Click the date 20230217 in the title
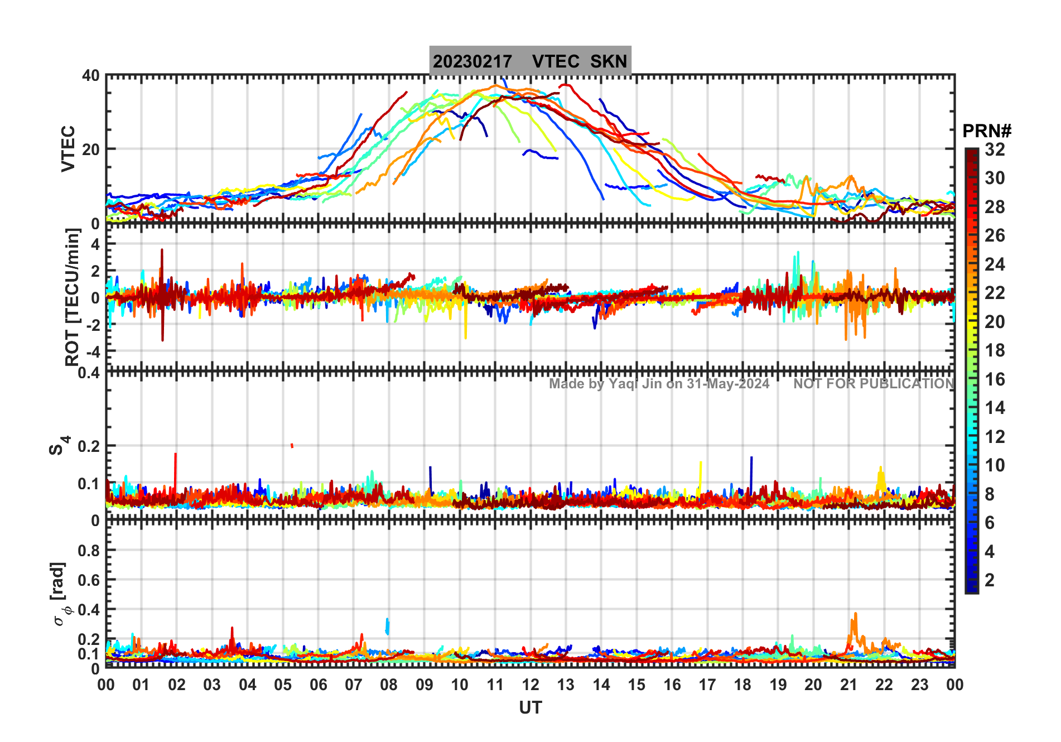(472, 61)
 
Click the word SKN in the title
(609, 61)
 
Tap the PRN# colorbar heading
(986, 131)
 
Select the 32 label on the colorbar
(995, 150)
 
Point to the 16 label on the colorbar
(995, 379)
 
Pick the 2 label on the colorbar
(990, 580)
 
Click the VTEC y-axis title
(68, 148)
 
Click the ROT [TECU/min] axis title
(73, 297)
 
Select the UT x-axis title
(530, 708)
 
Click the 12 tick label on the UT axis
(530, 685)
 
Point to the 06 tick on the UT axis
(318, 685)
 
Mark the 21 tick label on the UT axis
(848, 685)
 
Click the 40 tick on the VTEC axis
(90, 76)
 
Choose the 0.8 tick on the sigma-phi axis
(89, 551)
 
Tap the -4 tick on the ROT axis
(91, 352)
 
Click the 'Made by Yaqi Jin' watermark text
(659, 384)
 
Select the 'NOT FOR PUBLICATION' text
(874, 384)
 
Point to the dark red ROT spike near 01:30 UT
(162, 251)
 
